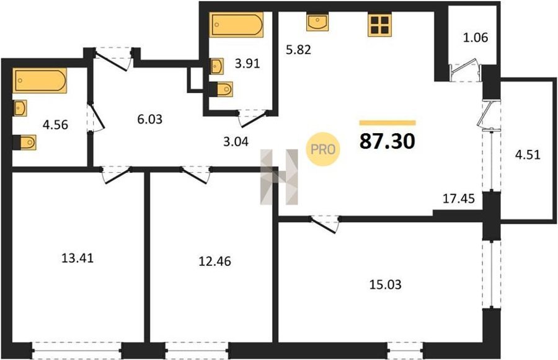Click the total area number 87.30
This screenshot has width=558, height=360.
[x=387, y=141]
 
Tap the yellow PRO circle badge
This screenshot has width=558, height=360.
[x=323, y=149]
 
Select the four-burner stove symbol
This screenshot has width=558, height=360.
[x=379, y=25]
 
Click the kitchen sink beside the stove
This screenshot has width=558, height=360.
[x=317, y=22]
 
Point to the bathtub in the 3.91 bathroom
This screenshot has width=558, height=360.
[x=236, y=25]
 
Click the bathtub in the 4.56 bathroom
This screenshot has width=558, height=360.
[x=40, y=81]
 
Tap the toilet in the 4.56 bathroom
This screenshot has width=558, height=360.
[x=25, y=143]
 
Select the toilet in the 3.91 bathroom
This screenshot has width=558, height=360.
[x=221, y=89]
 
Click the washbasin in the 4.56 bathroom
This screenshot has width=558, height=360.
[x=20, y=108]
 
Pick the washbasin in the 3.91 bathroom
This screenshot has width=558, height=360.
[x=217, y=66]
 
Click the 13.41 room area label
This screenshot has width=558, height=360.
[x=77, y=258]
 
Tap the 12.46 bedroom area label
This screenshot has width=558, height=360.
[x=215, y=261]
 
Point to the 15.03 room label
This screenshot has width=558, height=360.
[x=386, y=284]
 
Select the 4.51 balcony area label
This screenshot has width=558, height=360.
[x=528, y=155]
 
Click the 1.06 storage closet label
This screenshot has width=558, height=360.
[x=476, y=37]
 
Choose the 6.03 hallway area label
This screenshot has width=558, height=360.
[x=150, y=119]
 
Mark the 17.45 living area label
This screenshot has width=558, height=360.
[x=459, y=198]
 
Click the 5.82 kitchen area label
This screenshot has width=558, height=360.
[x=299, y=50]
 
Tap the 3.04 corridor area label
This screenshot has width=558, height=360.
[x=236, y=142]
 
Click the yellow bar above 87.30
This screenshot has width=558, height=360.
[x=387, y=123]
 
